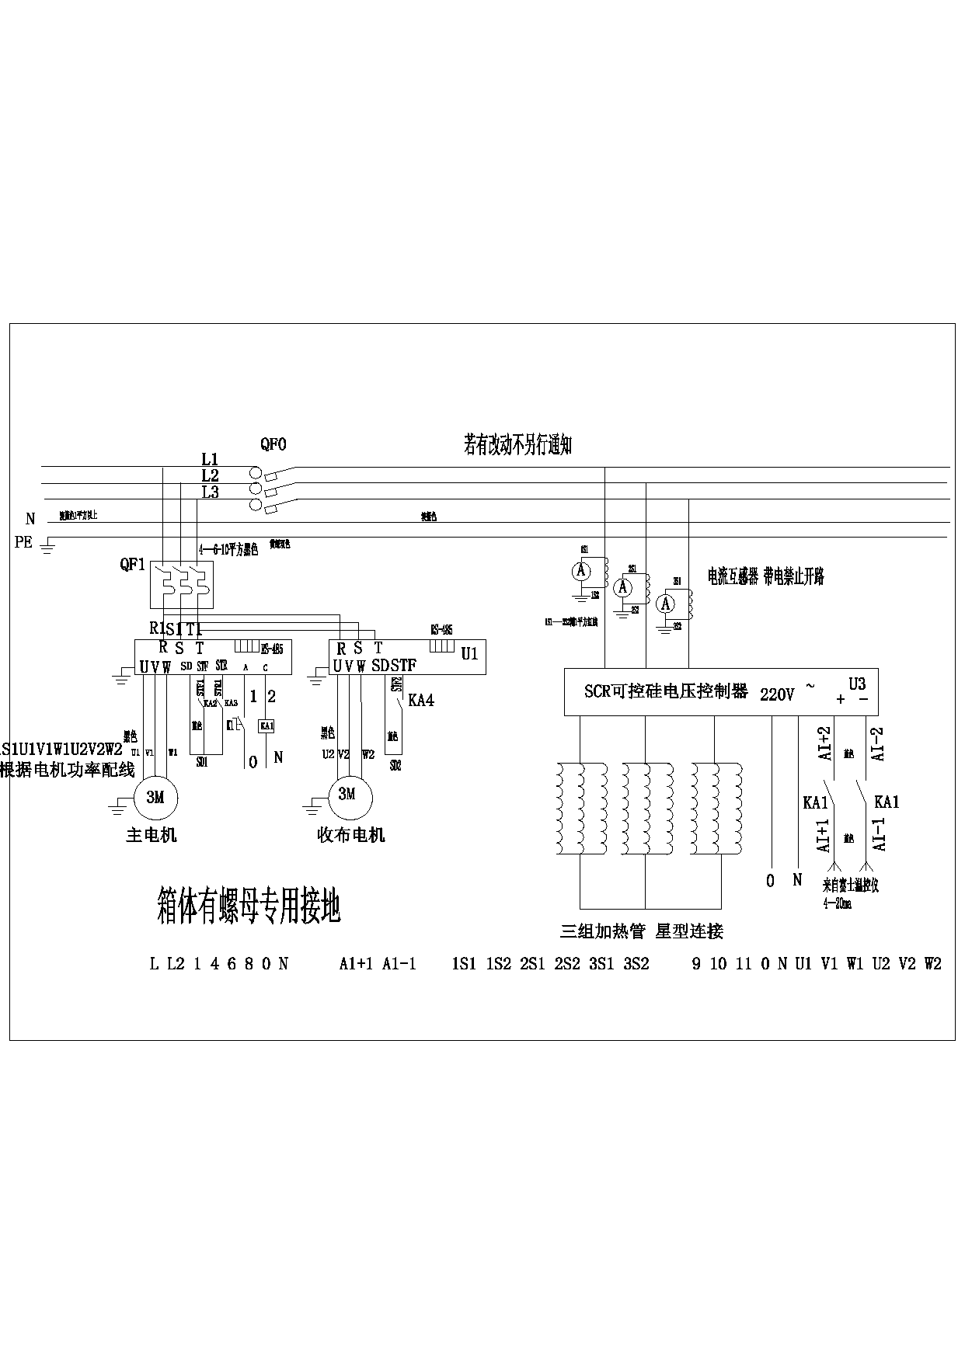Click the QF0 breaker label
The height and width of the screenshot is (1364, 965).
pos(273,444)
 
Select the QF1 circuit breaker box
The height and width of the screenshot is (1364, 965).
pos(181,585)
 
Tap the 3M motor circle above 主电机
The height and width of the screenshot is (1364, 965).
pos(156,798)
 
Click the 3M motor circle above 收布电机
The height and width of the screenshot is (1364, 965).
pos(347,795)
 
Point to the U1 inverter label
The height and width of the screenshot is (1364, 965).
pos(469,653)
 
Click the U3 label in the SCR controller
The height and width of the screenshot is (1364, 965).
pos(857,684)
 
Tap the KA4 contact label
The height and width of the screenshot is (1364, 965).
pos(420,701)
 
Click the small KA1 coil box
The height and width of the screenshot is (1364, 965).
pos(267,725)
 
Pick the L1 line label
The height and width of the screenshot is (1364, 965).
pos(210,460)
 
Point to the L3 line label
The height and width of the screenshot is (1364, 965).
pos(210,492)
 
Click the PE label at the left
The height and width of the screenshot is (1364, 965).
pos(23,542)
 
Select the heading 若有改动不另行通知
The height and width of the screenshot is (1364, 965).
pos(517,446)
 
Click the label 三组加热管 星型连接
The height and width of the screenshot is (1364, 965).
pos(642,931)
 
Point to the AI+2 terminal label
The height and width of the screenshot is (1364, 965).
pos(824,743)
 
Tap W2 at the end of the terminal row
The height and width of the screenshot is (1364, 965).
pos(932,964)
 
